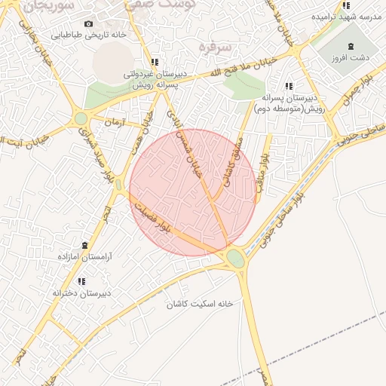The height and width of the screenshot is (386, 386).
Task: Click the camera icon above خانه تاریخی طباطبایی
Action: [x=89, y=24]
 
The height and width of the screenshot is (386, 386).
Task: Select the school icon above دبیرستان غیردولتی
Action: [x=155, y=63]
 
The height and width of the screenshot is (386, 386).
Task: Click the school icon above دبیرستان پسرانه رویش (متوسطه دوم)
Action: [x=289, y=86]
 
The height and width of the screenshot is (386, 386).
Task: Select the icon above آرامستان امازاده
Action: [x=84, y=245]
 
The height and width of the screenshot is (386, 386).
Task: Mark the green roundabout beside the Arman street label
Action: [x=81, y=118]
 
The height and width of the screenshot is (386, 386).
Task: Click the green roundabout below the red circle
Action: [x=236, y=259]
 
